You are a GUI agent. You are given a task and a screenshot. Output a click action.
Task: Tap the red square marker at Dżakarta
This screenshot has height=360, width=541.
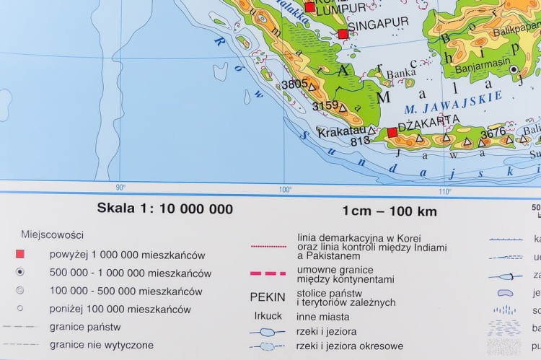392,133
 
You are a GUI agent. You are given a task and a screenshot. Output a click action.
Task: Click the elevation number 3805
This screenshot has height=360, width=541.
295,84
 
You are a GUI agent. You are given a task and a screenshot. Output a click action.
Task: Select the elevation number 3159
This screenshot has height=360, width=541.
325,106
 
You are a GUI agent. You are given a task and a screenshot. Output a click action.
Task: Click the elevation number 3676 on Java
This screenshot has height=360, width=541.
493,132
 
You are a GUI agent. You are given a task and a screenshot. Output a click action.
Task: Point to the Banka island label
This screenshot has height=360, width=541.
401,73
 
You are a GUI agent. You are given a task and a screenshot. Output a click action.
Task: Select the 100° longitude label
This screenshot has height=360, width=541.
285,190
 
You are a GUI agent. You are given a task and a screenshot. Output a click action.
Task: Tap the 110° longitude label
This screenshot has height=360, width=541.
445,190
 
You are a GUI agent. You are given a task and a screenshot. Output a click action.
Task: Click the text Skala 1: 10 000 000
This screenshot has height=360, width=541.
165,209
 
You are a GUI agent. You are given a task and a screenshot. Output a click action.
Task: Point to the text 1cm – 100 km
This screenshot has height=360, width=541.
390,211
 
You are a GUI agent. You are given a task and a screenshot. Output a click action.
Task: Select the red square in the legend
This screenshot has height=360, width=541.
20,254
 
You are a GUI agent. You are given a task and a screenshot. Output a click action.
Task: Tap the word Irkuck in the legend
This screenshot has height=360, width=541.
268,316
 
